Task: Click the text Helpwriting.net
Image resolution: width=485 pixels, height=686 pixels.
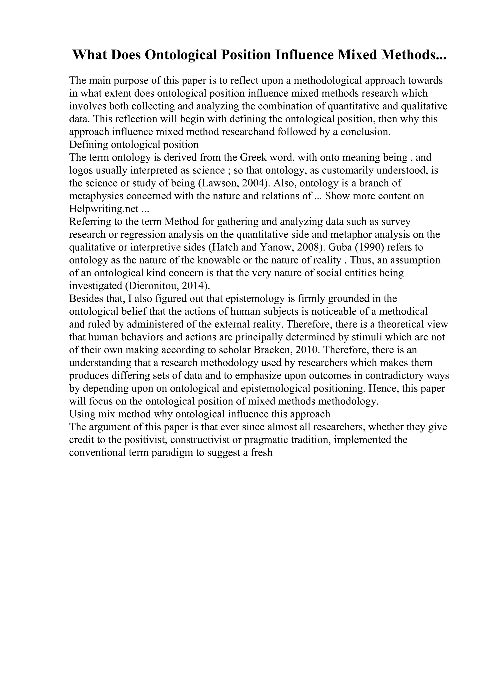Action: point(104,209)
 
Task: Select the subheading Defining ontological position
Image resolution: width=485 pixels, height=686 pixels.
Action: point(134,145)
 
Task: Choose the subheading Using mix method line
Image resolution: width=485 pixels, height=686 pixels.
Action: point(199,414)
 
